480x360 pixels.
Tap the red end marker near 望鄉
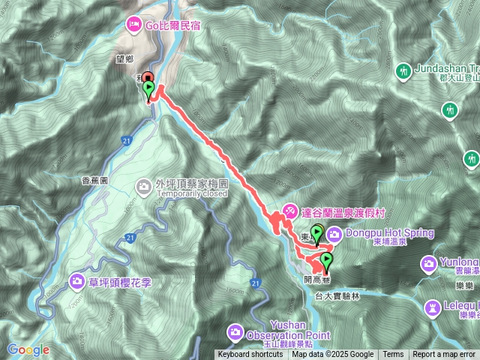tap(148, 78)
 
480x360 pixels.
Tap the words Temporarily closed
tap(192, 193)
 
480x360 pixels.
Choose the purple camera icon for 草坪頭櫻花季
tap(77, 281)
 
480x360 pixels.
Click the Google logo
tap(28, 349)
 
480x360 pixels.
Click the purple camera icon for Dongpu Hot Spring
tap(334, 233)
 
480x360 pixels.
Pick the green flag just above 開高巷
tap(326, 261)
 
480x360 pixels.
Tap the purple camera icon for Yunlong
tap(428, 263)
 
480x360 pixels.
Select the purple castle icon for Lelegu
tap(433, 307)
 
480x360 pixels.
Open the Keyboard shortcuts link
tap(250, 355)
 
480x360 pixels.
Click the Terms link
tap(393, 355)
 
